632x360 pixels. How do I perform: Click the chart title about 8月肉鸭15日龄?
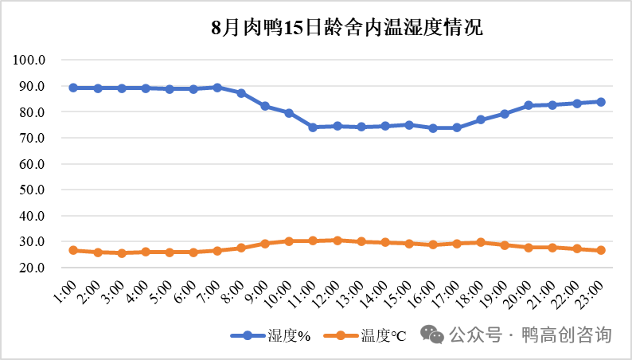coord(347,29)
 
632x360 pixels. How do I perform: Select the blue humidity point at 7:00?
coord(217,88)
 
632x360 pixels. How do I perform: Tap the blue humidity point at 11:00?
coord(313,127)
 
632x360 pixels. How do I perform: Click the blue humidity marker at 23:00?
coord(601,102)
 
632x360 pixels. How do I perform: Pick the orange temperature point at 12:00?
coord(337,240)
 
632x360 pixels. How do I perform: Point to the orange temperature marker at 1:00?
coord(73,250)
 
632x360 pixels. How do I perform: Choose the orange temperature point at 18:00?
coord(481,242)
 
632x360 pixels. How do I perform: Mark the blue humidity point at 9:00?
coord(265,106)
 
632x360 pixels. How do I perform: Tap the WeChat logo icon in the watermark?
coord(434,334)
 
